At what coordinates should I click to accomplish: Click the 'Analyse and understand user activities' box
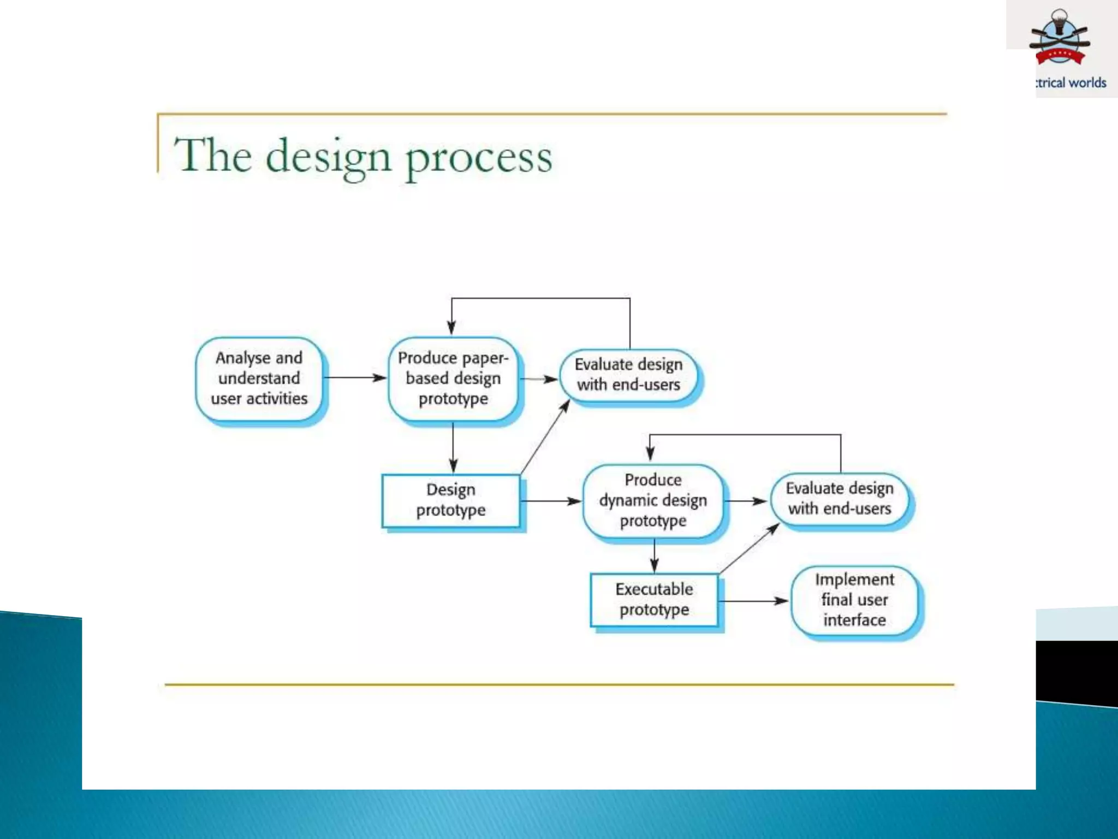click(x=259, y=379)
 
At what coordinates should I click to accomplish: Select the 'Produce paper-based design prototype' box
click(x=453, y=379)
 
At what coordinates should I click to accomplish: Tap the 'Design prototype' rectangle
click(x=451, y=500)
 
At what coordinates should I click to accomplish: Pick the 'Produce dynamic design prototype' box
click(x=653, y=500)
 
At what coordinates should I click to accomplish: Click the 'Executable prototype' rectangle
click(x=654, y=599)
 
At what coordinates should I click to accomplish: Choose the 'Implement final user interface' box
click(x=854, y=600)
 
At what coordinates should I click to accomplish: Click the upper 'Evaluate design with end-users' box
click(x=628, y=375)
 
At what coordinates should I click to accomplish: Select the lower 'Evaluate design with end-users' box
click(x=840, y=498)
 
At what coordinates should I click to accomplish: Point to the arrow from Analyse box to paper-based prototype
click(x=355, y=377)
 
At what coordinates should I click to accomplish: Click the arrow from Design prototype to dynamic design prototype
click(x=550, y=501)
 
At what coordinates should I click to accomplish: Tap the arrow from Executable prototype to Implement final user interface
click(x=753, y=601)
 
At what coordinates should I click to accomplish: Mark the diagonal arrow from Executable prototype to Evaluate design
click(x=749, y=548)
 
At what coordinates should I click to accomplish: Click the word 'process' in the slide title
click(x=479, y=157)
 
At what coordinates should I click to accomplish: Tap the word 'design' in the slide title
click(x=329, y=157)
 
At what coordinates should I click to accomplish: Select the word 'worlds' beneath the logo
click(x=1087, y=83)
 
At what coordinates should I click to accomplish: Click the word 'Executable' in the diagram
click(x=654, y=589)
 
